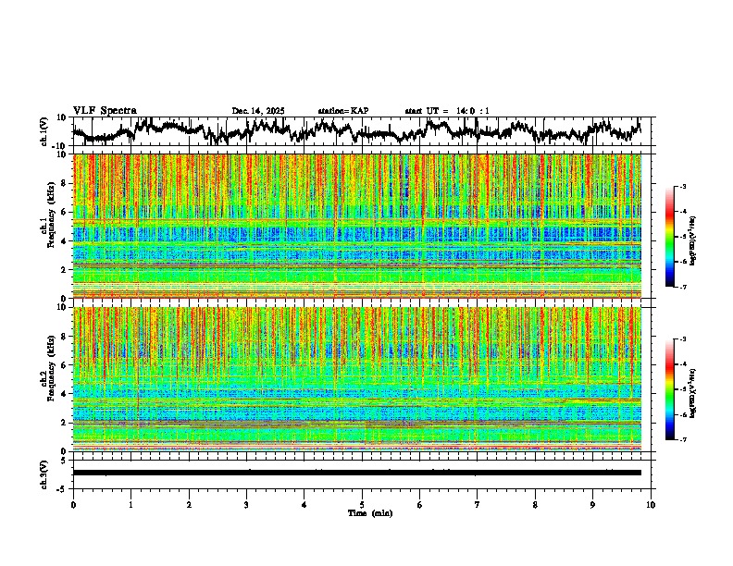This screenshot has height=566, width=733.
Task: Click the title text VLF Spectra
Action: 105,111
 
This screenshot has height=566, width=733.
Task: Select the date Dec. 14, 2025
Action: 258,111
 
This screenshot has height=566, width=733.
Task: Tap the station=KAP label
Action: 343,111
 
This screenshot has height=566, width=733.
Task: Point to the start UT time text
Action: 447,111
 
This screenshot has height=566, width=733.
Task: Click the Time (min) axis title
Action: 369,512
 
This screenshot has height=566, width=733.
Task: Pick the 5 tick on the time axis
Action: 362,504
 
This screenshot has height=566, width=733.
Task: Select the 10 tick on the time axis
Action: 652,504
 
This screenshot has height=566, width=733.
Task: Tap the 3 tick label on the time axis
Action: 246,504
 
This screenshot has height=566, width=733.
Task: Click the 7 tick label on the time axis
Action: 478,504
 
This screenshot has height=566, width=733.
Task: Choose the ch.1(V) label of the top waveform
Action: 43,131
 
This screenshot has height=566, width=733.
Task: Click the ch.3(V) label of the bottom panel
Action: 43,473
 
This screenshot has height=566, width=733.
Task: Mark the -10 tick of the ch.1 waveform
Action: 58,146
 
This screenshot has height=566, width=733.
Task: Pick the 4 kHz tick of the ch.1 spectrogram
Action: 64,241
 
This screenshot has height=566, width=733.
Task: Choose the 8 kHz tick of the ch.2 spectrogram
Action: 64,337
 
